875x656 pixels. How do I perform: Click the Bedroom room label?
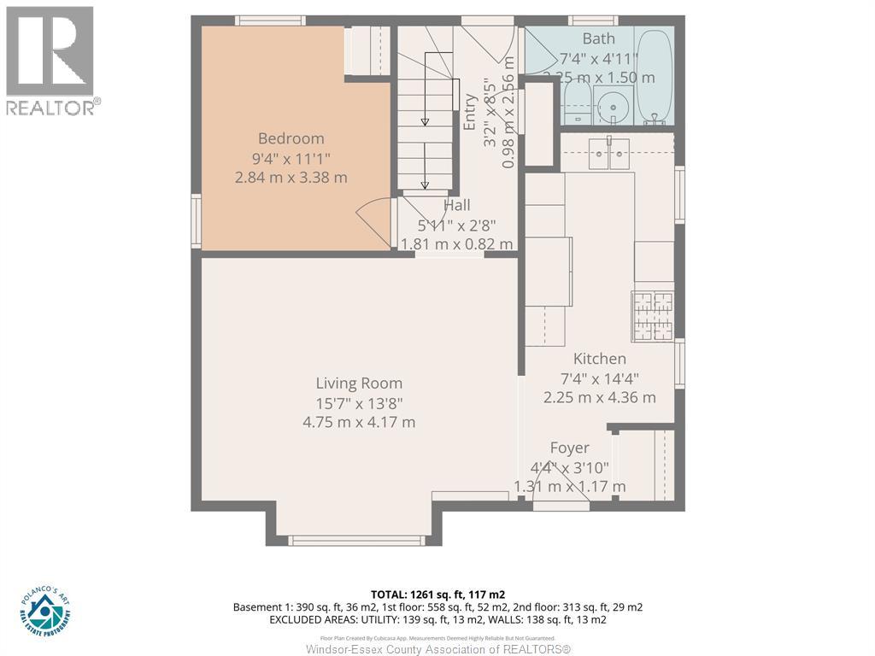click(x=291, y=138)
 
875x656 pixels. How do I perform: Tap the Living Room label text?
click(x=359, y=384)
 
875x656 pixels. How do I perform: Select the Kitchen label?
click(x=599, y=359)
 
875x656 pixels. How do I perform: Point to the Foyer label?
click(x=569, y=448)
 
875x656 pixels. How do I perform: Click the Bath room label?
click(x=598, y=38)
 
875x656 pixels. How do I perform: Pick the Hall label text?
click(x=456, y=206)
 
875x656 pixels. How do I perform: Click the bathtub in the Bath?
click(x=655, y=77)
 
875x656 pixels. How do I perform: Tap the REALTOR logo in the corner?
click(x=50, y=60)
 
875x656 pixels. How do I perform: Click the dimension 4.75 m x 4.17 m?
click(x=359, y=422)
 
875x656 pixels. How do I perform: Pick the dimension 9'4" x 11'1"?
click(x=291, y=158)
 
